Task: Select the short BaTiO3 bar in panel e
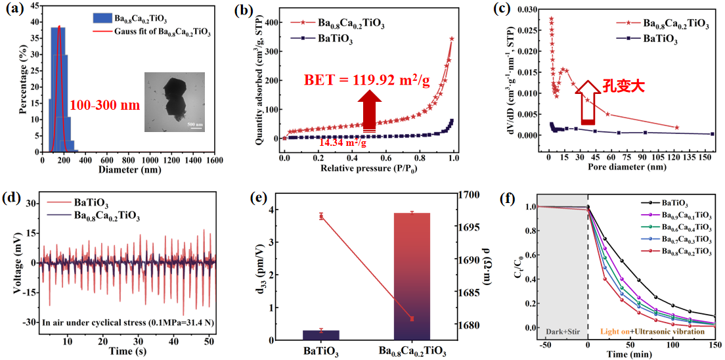point(322,335)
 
